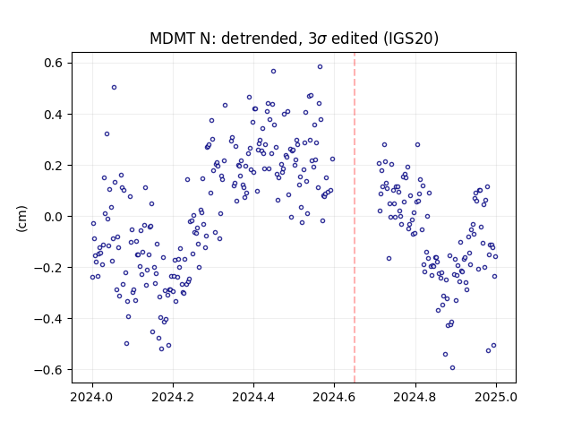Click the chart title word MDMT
point(173,39)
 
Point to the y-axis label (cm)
point(21,219)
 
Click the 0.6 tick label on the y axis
point(54,64)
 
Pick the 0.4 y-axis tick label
point(54,115)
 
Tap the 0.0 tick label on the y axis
point(54,217)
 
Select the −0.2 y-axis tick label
point(48,268)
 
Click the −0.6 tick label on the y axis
point(48,370)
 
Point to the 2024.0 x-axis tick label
point(92,397)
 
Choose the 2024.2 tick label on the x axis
point(173,397)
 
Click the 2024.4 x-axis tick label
point(253,397)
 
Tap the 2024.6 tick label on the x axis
point(334,397)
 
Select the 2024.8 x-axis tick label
point(415,397)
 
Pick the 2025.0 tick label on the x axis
point(496,397)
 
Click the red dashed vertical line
point(355,218)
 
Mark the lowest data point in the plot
point(452,368)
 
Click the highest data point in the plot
point(321,67)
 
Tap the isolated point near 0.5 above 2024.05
point(114,88)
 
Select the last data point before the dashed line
point(332,159)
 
